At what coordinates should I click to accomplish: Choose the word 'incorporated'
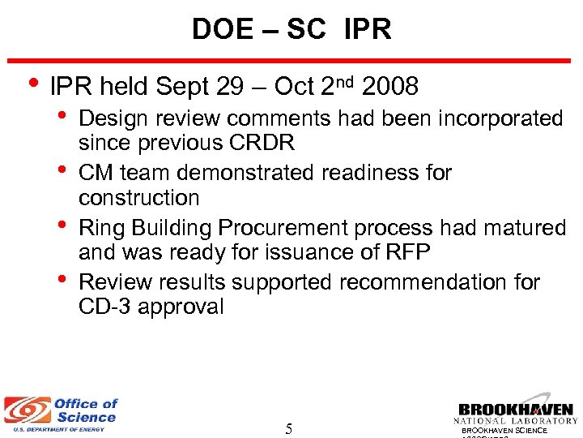coord(500,118)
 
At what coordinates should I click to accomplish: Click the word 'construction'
coord(138,197)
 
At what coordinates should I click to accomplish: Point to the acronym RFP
coord(406,252)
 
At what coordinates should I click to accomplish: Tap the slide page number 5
coord(289,428)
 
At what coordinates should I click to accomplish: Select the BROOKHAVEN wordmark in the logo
coord(516,410)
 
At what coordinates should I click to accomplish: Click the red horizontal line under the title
coord(291,59)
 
